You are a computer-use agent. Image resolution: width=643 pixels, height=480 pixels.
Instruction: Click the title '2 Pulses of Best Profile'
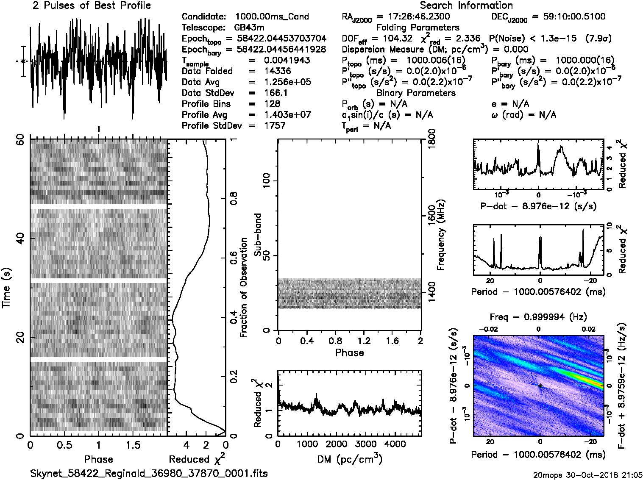92,6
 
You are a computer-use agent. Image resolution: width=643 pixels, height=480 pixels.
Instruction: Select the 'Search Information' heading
466,6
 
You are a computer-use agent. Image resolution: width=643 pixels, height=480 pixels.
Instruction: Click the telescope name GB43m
249,28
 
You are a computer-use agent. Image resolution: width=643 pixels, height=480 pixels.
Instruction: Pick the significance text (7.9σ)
598,39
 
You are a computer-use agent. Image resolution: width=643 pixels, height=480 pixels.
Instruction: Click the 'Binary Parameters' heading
416,93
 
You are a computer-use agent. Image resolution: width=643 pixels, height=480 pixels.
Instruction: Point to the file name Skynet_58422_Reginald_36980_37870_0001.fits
149,473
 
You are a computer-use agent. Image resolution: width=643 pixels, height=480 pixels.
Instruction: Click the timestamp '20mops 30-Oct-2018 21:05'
588,475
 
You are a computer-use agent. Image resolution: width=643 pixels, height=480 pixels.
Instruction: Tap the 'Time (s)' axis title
7,288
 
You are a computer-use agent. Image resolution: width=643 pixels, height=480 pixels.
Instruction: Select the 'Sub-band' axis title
257,234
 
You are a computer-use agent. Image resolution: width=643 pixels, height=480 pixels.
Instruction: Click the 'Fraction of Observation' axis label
244,287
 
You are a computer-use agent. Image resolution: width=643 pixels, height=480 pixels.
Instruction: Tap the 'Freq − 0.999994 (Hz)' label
538,317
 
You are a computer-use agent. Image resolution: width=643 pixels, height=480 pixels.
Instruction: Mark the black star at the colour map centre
540,386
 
